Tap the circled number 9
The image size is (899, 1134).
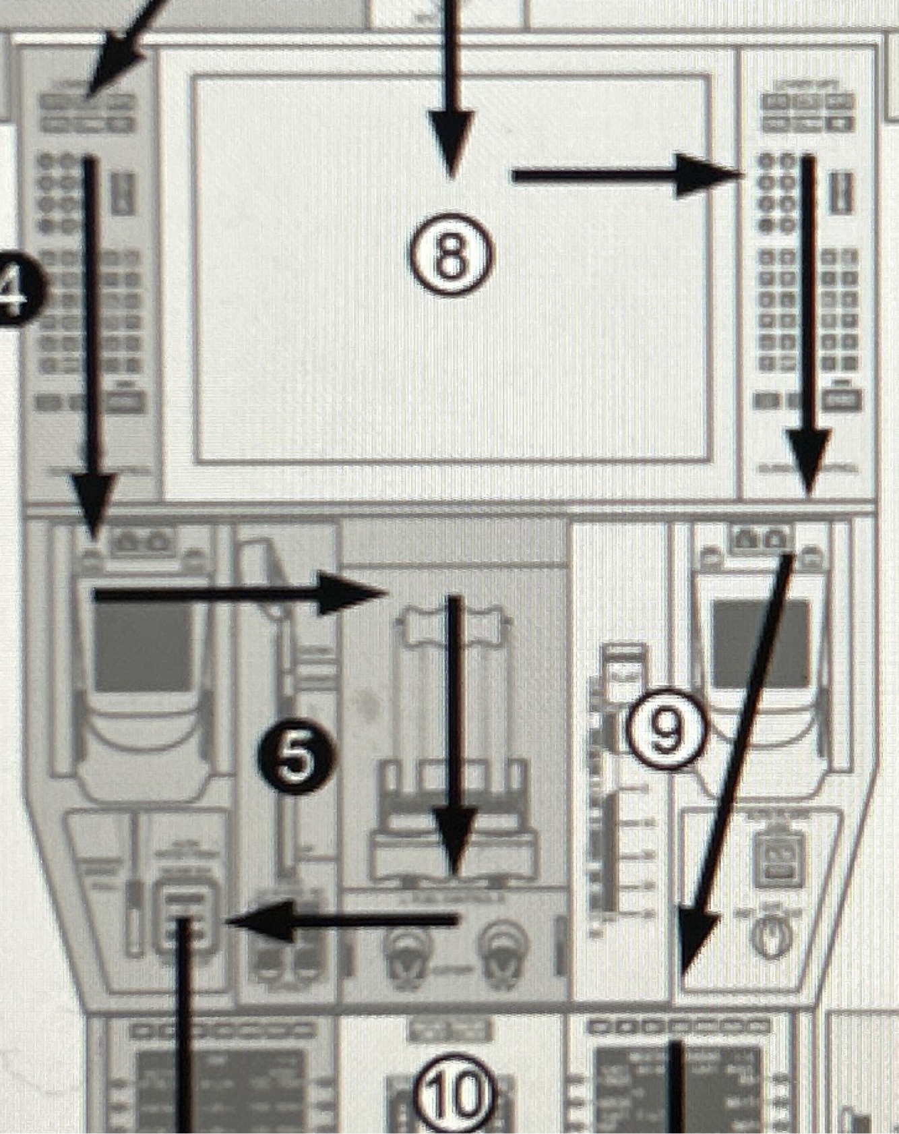[x=666, y=730]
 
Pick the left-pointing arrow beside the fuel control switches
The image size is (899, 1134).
[x=344, y=920]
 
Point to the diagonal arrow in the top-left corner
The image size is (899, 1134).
[x=128, y=40]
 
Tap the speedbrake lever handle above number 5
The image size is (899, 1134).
[x=263, y=566]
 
